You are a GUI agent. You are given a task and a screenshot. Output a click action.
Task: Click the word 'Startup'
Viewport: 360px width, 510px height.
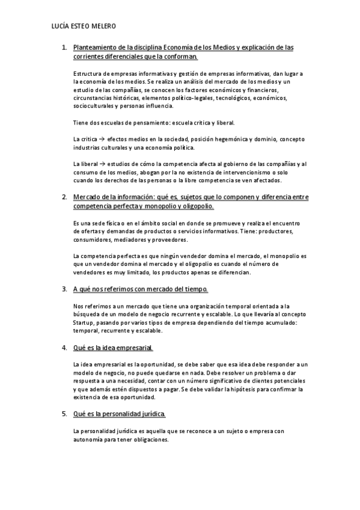pos(82,323)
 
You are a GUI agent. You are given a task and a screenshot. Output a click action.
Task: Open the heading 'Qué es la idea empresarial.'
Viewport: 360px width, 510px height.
pos(113,348)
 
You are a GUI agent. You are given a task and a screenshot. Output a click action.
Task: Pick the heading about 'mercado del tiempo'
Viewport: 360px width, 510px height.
pos(140,289)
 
